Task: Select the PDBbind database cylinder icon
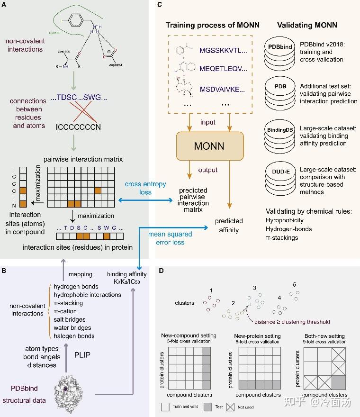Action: point(282,53)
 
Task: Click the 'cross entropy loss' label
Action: point(138,188)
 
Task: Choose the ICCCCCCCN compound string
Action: point(71,127)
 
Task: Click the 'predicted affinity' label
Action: point(229,226)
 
